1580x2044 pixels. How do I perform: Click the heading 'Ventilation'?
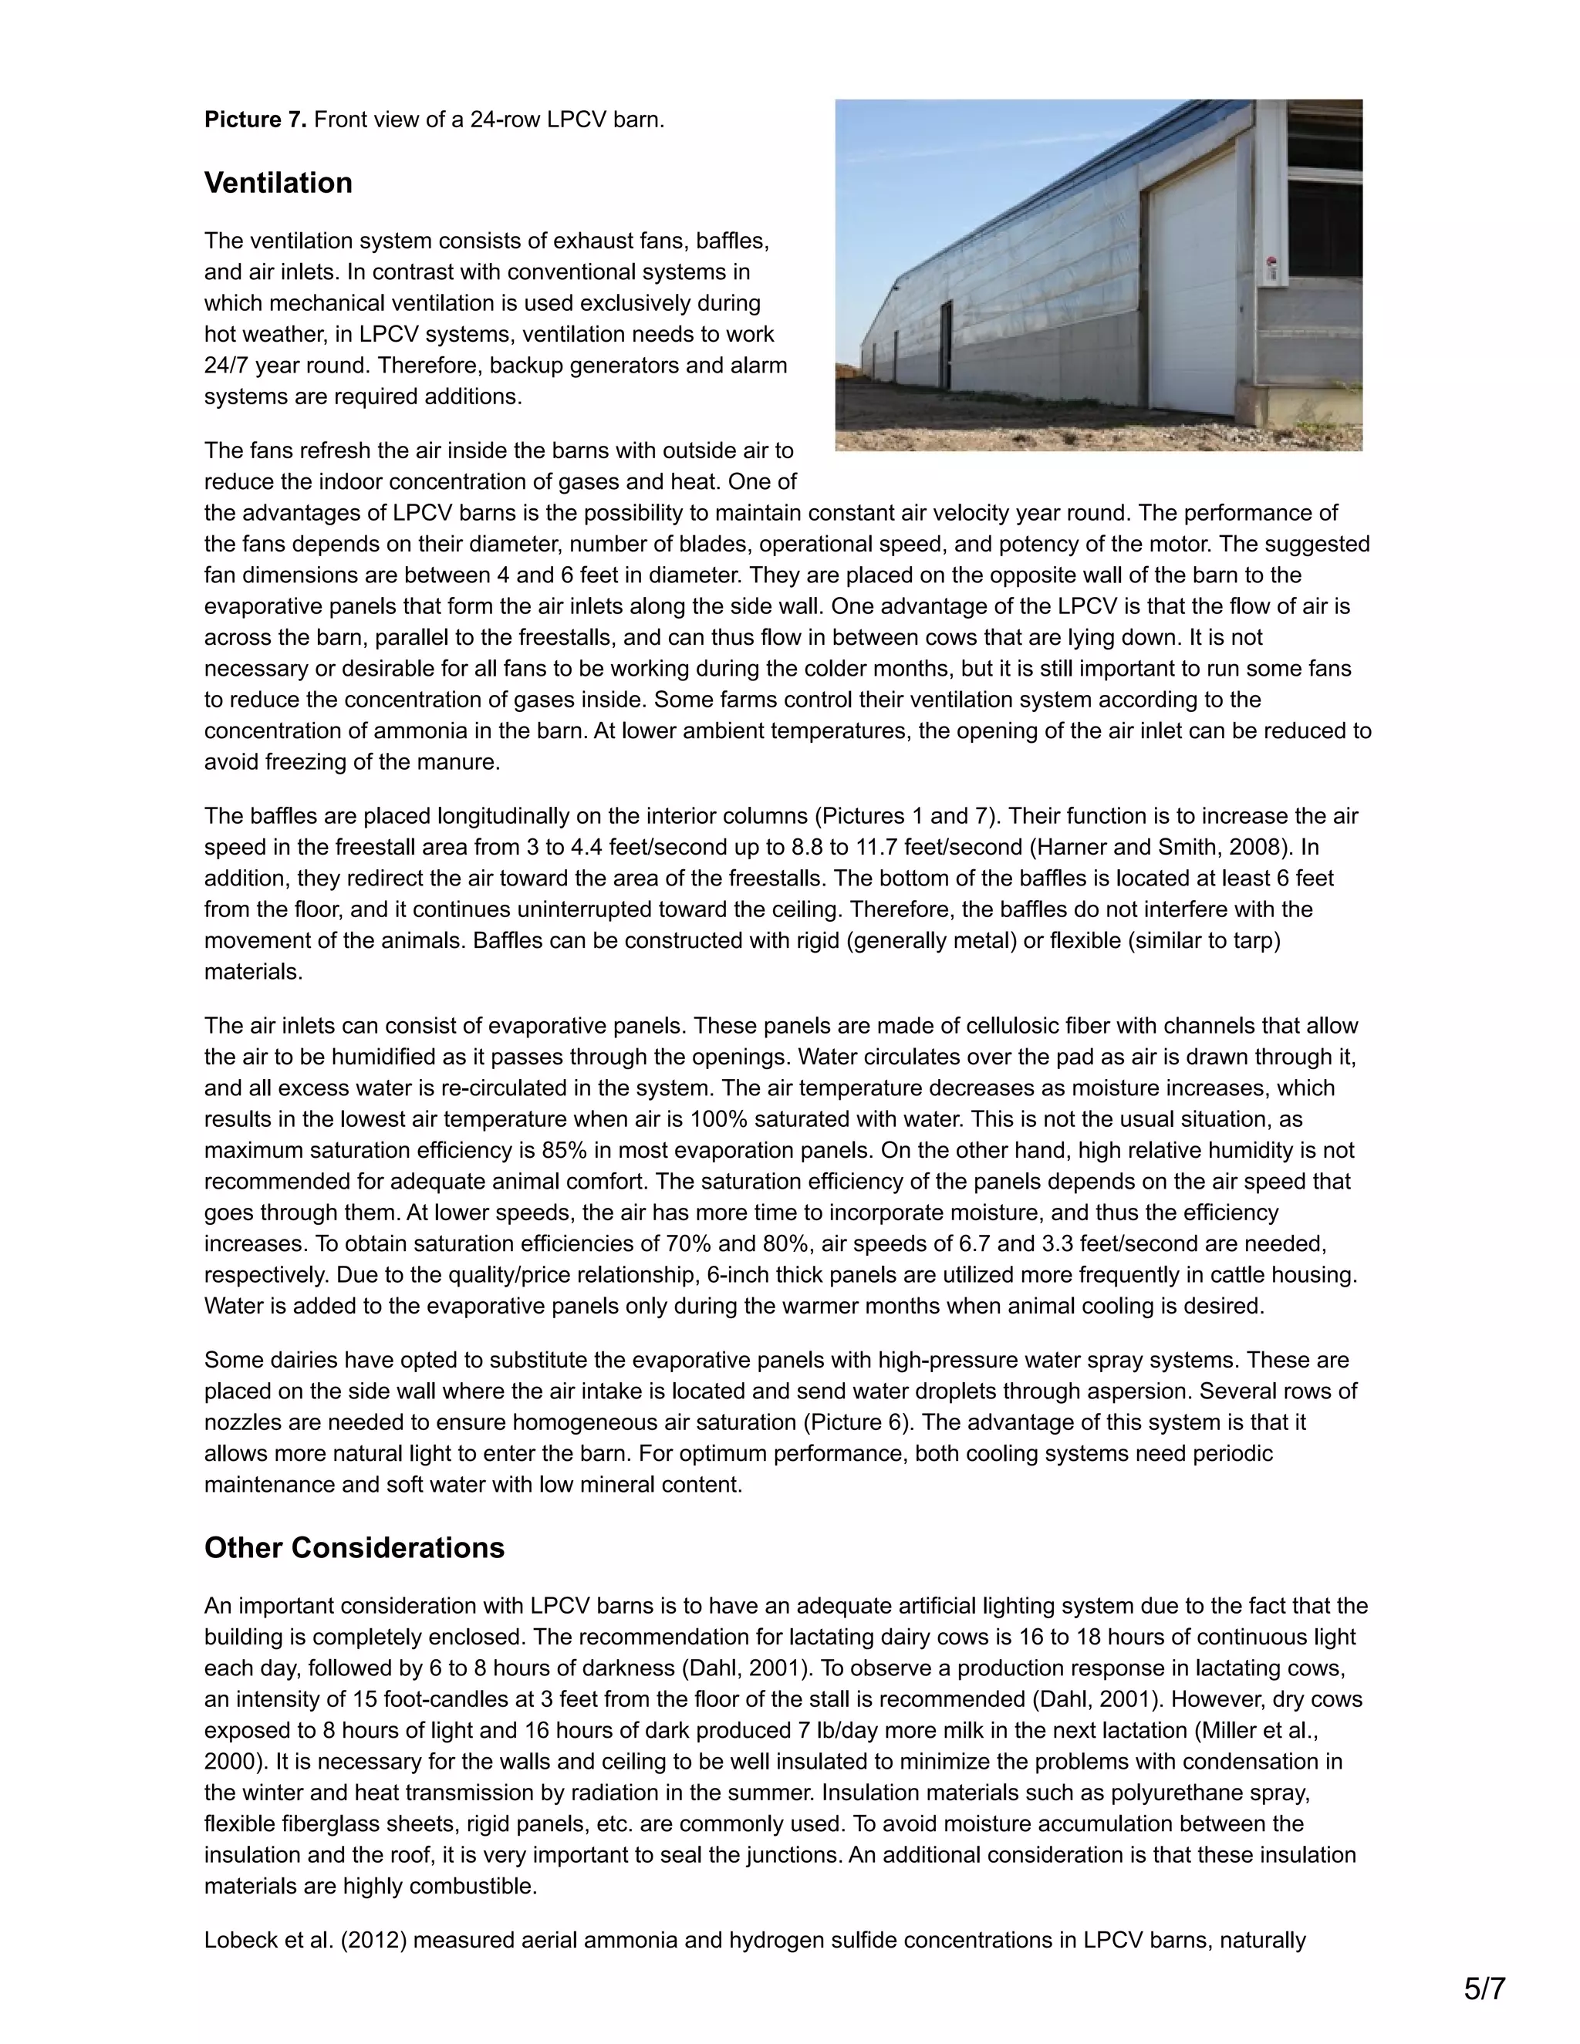point(278,183)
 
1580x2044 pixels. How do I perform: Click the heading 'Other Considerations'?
point(354,1547)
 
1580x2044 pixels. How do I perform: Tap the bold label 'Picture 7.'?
point(255,120)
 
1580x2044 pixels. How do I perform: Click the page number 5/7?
point(1484,1982)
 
